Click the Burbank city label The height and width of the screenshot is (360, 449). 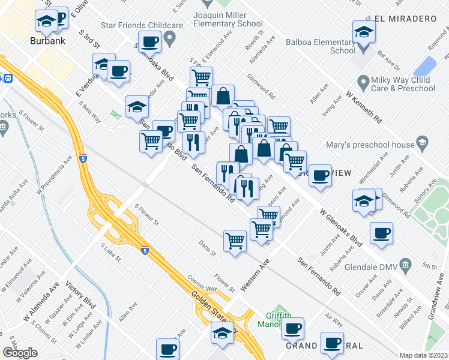[x=46, y=43]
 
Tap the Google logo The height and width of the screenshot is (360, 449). [x=19, y=353]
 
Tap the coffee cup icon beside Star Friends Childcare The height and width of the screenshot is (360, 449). [x=149, y=41]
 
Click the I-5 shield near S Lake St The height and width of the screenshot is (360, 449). [x=145, y=250]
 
